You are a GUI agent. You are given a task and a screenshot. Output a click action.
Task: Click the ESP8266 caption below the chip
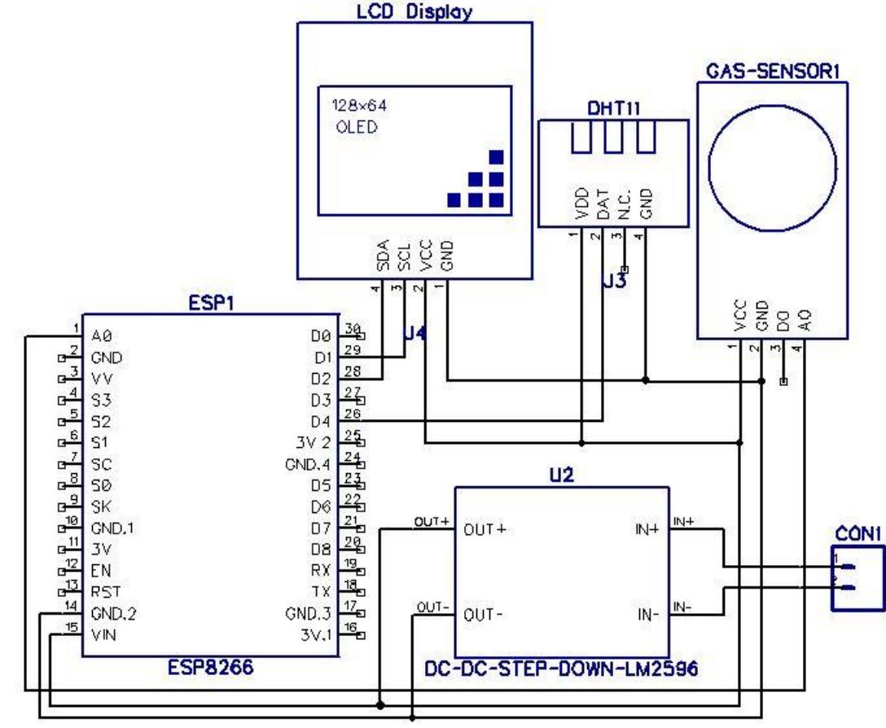tap(213, 671)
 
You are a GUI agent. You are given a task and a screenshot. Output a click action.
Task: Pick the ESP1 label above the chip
tap(207, 304)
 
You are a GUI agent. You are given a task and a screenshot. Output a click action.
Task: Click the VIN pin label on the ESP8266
tap(103, 636)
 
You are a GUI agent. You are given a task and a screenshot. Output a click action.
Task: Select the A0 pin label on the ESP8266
tap(101, 335)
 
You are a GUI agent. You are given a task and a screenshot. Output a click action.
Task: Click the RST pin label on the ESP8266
tap(103, 592)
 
